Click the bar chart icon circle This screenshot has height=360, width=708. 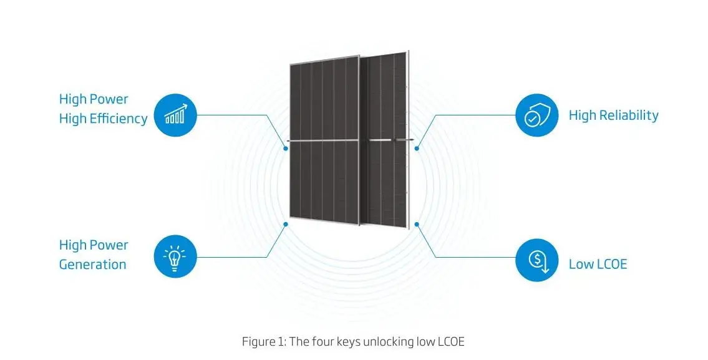tap(175, 115)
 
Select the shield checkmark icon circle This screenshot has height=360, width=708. tap(536, 115)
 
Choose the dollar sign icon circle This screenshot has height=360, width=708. tap(536, 261)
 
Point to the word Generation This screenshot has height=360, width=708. tap(92, 265)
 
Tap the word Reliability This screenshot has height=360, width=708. tap(629, 115)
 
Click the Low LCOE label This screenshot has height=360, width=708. tap(598, 264)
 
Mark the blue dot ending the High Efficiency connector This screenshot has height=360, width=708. tap(285, 148)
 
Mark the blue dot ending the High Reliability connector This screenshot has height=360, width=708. tap(417, 148)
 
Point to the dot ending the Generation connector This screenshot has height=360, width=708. tap(285, 223)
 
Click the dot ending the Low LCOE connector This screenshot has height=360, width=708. tap(417, 223)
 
